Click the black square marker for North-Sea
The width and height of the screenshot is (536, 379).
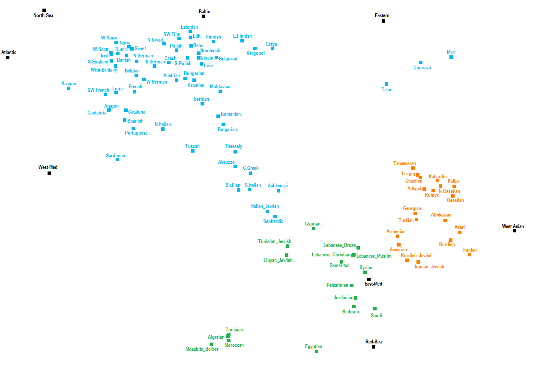(44, 10)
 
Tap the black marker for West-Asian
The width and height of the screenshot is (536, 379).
(515, 231)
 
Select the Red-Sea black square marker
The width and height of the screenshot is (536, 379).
(374, 347)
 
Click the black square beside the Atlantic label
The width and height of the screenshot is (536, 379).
(8, 57)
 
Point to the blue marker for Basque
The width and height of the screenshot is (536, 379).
(69, 88)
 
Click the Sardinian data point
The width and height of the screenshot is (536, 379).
(117, 159)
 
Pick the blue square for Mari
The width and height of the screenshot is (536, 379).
(451, 57)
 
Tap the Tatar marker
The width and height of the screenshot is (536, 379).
(386, 84)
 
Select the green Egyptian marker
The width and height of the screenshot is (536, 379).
(317, 352)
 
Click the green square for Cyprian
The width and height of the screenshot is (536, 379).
(314, 229)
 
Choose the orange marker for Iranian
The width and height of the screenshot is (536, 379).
(470, 255)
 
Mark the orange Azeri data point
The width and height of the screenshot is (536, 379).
(460, 232)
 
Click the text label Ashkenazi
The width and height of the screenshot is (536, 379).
(278, 186)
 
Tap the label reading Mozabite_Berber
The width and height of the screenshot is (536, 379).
(202, 349)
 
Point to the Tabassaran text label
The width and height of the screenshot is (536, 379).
(404, 163)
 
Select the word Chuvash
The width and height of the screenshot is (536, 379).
(422, 68)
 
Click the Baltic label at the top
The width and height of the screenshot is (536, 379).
(204, 12)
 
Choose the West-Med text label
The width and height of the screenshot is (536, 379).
(48, 167)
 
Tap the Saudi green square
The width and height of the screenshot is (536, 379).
(375, 309)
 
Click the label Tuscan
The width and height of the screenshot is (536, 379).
(192, 146)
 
